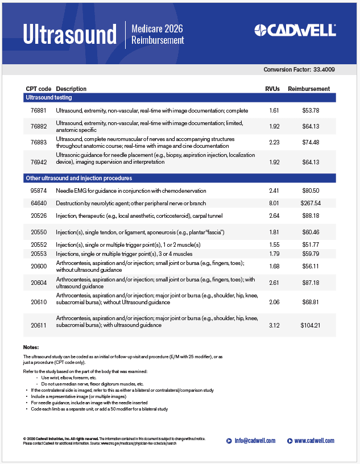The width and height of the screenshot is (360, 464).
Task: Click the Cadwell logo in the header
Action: [x=295, y=30]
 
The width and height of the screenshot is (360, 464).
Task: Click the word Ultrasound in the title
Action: [x=69, y=34]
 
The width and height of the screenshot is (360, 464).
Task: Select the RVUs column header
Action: [x=273, y=89]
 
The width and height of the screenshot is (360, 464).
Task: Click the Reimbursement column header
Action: [x=309, y=89]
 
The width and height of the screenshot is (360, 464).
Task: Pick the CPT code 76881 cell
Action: [x=39, y=110]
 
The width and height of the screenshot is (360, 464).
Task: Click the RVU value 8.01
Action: [x=274, y=203]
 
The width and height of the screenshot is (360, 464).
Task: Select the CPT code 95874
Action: [x=39, y=190]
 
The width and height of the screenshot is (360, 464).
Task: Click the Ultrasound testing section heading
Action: [x=49, y=98]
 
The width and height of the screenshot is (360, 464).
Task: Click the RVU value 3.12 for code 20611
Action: [x=274, y=325]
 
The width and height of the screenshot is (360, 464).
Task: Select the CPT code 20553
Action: [x=39, y=254]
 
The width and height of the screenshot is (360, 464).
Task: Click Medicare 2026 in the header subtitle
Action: [x=157, y=28]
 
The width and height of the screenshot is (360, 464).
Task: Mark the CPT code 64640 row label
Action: [x=39, y=203]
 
